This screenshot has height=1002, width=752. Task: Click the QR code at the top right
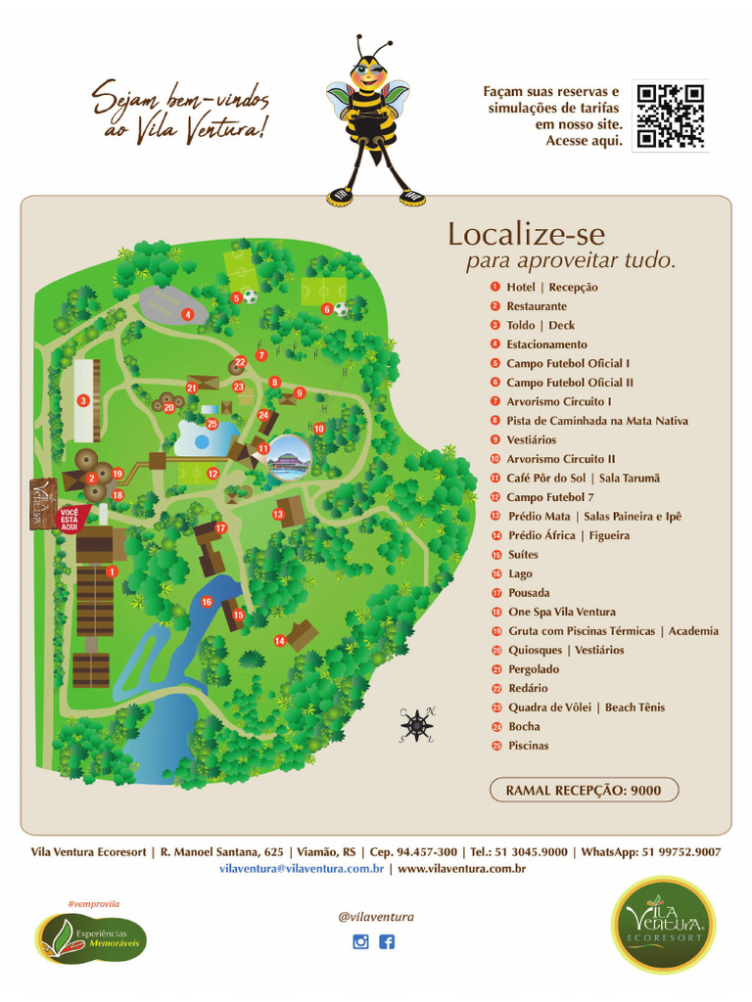pos(670,116)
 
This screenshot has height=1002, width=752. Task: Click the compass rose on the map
pos(417,724)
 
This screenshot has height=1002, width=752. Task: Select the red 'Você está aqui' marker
pos(70,519)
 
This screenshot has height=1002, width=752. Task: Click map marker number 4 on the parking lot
pos(187,314)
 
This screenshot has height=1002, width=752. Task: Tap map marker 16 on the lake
pos(207,602)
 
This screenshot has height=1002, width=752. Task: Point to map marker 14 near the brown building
pos(280,641)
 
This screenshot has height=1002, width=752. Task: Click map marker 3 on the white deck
pos(83,400)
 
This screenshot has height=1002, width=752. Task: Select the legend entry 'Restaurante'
pos(536,306)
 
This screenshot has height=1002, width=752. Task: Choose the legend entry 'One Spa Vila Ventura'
pos(561,612)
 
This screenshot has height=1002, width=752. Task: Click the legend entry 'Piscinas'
pos(528,746)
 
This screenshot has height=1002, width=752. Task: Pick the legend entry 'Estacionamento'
pos(546,344)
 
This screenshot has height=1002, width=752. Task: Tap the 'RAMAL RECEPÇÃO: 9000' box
pos(583,790)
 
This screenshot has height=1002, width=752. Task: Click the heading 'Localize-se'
pos(526,235)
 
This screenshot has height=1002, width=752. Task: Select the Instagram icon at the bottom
pos(360,942)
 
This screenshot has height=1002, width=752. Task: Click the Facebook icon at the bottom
pos(387,942)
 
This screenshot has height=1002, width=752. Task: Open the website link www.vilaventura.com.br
pos(462,868)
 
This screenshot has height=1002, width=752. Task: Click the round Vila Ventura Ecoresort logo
pos(663,925)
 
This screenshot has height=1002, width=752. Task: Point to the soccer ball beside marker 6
pos(341,308)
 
